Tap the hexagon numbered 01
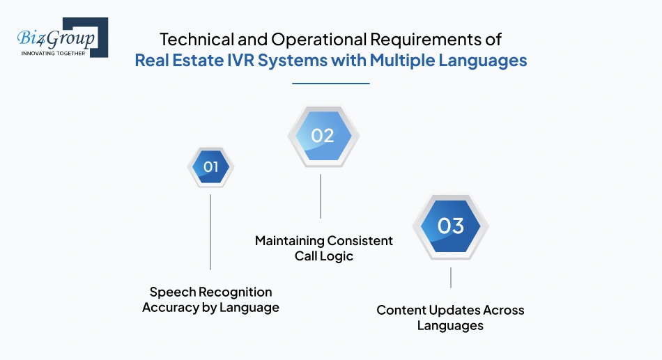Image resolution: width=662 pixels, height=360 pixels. pyautogui.click(x=210, y=167)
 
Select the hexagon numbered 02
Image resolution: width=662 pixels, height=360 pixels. pyautogui.click(x=322, y=136)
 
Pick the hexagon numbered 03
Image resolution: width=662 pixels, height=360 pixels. pyautogui.click(x=450, y=226)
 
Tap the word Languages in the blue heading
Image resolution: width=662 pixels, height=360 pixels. pyautogui.click(x=482, y=61)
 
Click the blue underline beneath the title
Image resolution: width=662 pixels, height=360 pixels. pyautogui.click(x=330, y=84)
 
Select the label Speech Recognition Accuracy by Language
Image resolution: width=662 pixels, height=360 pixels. pyautogui.click(x=210, y=299)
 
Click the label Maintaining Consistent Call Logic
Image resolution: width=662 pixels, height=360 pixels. pyautogui.click(x=323, y=249)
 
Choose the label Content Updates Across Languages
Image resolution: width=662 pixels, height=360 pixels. pyautogui.click(x=450, y=318)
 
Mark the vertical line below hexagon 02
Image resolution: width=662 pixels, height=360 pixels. pyautogui.click(x=321, y=196)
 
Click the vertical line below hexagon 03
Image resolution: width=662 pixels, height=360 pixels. pyautogui.click(x=450, y=277)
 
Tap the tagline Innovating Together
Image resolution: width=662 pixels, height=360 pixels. pyautogui.click(x=53, y=53)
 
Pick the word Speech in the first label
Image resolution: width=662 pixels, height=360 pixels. pyautogui.click(x=169, y=292)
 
